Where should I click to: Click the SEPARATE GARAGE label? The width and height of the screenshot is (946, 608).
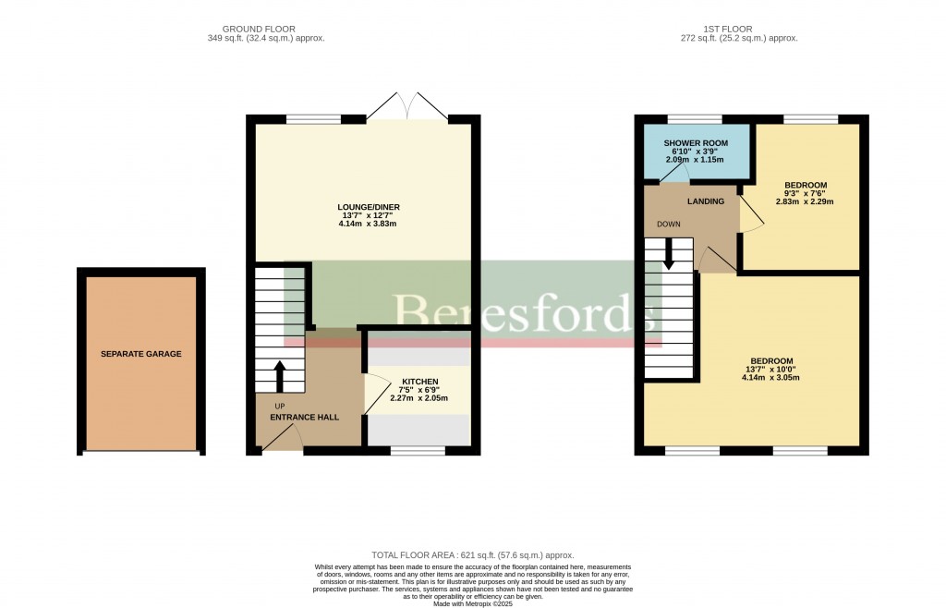pos(141,354)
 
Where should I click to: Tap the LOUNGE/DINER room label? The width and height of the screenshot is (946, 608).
pos(368,206)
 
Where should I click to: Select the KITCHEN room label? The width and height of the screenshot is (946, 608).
pos(419,382)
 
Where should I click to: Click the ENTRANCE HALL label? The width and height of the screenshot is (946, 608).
pos(304,417)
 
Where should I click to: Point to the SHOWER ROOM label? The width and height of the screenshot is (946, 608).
pos(696,143)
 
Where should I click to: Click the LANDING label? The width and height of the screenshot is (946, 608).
pos(705,201)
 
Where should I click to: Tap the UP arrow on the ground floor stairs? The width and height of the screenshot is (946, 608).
pos(279,376)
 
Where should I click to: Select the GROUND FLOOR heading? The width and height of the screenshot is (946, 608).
pos(266,29)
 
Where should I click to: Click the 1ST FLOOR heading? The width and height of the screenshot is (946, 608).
pos(738,29)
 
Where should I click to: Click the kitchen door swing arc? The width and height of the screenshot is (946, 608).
pos(376,395)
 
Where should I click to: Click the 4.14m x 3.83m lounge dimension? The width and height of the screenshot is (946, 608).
pos(368,225)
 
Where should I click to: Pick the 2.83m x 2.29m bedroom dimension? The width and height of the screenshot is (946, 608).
pos(807,201)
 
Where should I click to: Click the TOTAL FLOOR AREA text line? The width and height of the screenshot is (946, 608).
pos(472,553)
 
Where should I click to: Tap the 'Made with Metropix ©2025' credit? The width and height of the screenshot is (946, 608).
pos(472,603)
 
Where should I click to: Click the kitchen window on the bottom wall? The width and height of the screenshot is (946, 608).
pos(418,451)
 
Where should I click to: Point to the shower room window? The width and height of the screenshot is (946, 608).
pos(694,118)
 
